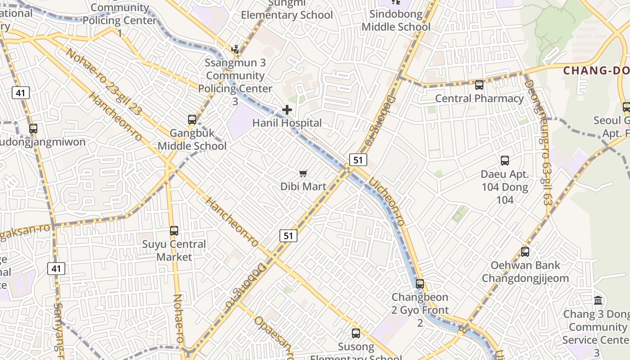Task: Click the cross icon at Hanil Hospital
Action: (287, 109)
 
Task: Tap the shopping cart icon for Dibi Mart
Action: (303, 173)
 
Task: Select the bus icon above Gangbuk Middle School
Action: (192, 120)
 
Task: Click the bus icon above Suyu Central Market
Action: (174, 231)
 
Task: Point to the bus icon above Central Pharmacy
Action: (479, 85)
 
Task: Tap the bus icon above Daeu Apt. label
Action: (505, 161)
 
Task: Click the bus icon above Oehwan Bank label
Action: (525, 252)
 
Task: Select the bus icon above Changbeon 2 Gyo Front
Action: (420, 284)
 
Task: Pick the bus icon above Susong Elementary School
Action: (356, 333)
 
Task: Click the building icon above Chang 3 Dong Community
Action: (598, 300)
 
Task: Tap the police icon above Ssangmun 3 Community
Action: (235, 49)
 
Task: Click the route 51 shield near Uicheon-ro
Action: (358, 159)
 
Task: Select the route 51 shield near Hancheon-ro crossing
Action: (288, 235)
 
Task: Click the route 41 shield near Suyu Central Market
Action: (56, 269)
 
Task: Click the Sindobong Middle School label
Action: (396, 20)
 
